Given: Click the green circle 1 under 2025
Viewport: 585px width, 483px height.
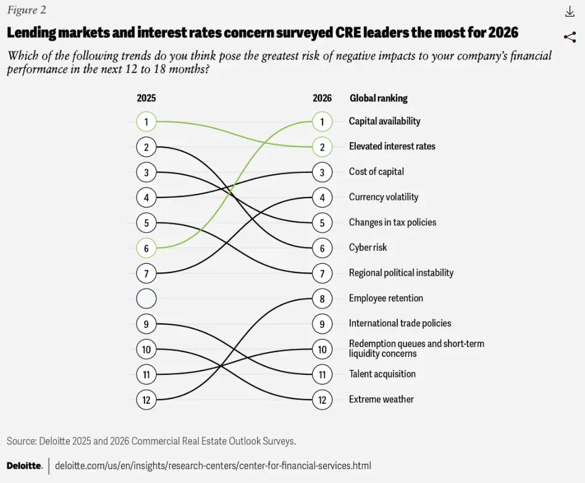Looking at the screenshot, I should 146,122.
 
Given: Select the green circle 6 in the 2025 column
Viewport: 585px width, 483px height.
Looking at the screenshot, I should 146,248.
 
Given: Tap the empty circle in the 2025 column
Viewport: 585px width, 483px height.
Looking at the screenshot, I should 146,298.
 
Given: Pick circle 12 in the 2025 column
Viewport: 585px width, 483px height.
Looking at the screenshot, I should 146,400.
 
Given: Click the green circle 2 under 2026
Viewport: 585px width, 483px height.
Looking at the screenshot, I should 322,147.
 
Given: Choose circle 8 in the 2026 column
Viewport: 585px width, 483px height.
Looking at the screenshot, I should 322,298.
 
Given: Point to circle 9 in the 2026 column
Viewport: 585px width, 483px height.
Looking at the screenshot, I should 322,324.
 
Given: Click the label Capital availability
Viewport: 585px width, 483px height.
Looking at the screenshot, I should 384,122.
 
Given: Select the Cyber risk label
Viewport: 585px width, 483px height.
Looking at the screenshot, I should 368,248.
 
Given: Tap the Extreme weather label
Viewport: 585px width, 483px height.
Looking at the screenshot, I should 381,400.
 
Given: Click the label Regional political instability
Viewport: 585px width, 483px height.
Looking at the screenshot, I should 401,273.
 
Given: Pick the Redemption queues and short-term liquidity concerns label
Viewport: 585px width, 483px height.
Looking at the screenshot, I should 416,349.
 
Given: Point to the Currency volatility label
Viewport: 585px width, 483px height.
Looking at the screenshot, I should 384,198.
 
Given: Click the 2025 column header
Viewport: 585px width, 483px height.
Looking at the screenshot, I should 146,98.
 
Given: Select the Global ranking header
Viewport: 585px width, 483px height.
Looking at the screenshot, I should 379,98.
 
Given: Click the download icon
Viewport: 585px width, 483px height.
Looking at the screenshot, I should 570,12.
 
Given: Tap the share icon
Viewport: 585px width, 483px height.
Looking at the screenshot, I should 570,37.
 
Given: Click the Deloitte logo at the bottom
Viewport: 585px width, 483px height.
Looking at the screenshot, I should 24,465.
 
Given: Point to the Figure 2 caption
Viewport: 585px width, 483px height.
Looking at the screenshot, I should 26,10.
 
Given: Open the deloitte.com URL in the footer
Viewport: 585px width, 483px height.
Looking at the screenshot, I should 213,465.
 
